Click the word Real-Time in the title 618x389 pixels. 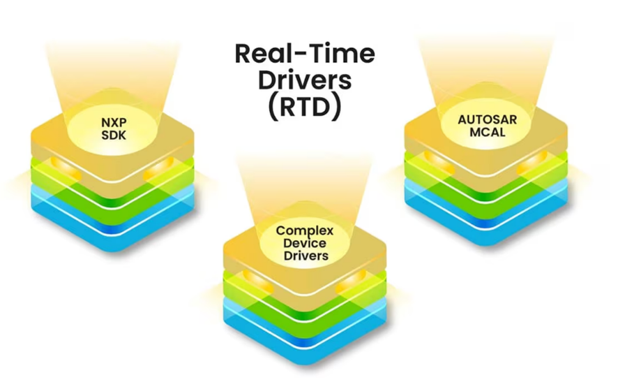click(x=304, y=54)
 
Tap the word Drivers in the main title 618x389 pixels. click(x=304, y=80)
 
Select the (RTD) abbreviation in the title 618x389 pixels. click(x=304, y=107)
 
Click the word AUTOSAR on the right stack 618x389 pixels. click(x=488, y=119)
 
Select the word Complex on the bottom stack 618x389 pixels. click(x=305, y=230)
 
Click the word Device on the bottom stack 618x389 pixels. click(x=305, y=243)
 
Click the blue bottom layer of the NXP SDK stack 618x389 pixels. click(x=112, y=220)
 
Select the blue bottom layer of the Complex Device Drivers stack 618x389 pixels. click(x=305, y=332)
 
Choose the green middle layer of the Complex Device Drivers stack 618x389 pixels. click(x=305, y=299)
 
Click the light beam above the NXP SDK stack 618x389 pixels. click(x=112, y=70)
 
